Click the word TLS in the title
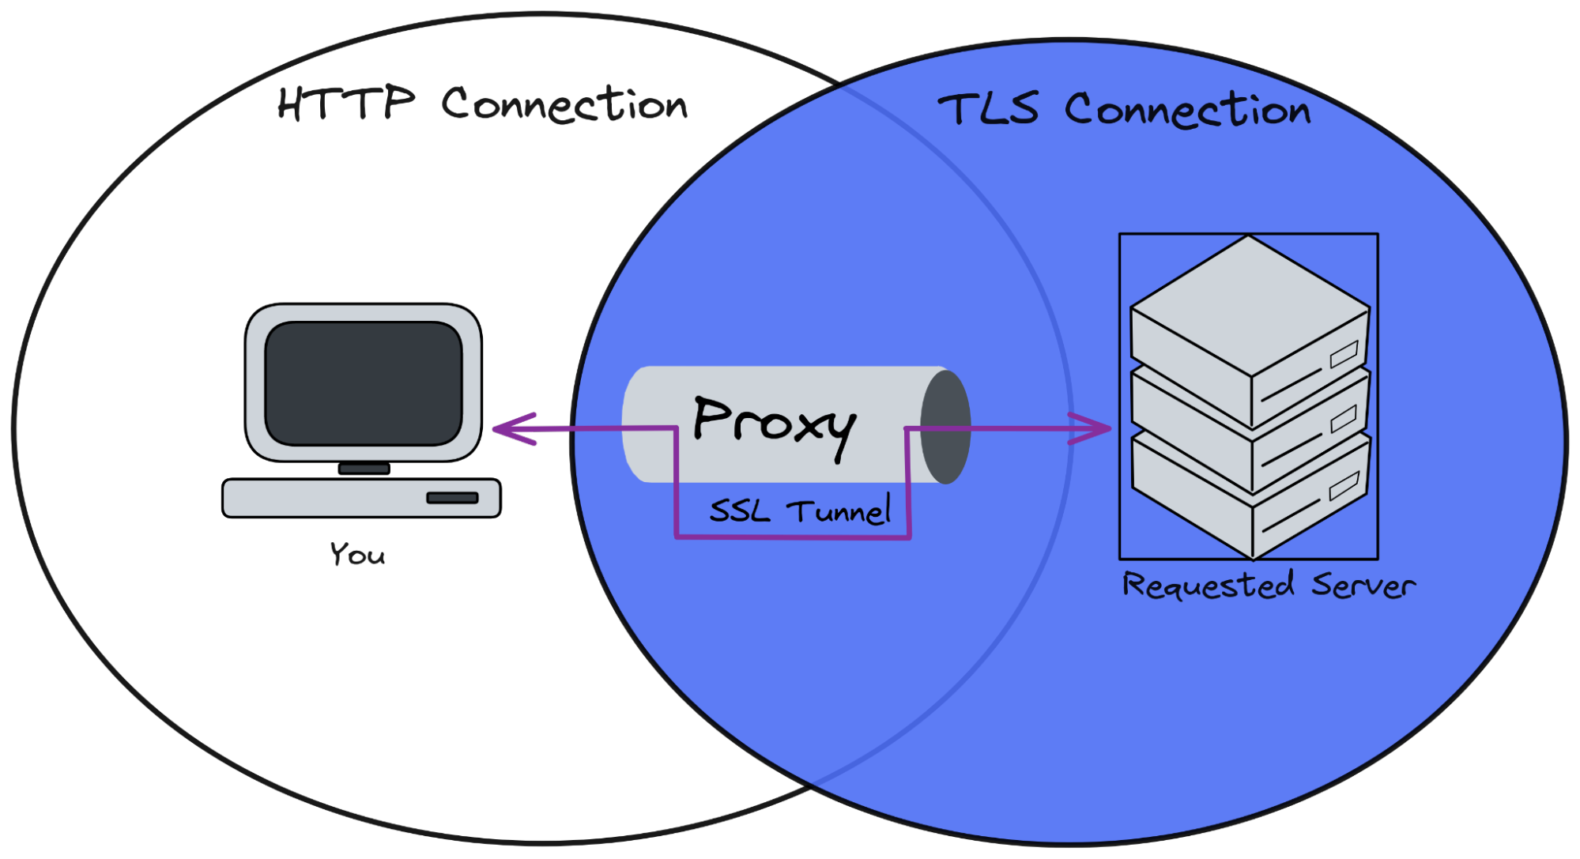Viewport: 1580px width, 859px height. (988, 109)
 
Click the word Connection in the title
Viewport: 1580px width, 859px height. (1188, 111)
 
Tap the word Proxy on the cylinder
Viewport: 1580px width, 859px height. (773, 424)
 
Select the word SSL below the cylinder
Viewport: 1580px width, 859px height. (739, 511)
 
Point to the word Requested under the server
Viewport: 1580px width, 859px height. (1208, 586)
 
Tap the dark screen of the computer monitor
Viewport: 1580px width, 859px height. (364, 382)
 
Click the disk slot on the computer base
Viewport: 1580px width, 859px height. (452, 498)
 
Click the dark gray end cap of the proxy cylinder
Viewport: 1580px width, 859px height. (946, 427)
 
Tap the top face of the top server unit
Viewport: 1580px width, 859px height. (1249, 304)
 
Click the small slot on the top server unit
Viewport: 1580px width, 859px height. (1344, 354)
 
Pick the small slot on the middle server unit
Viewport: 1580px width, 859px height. (1344, 419)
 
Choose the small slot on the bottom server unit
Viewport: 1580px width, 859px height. (1344, 484)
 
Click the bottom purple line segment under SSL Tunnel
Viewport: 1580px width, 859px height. (794, 537)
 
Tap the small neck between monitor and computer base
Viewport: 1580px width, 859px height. (364, 469)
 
